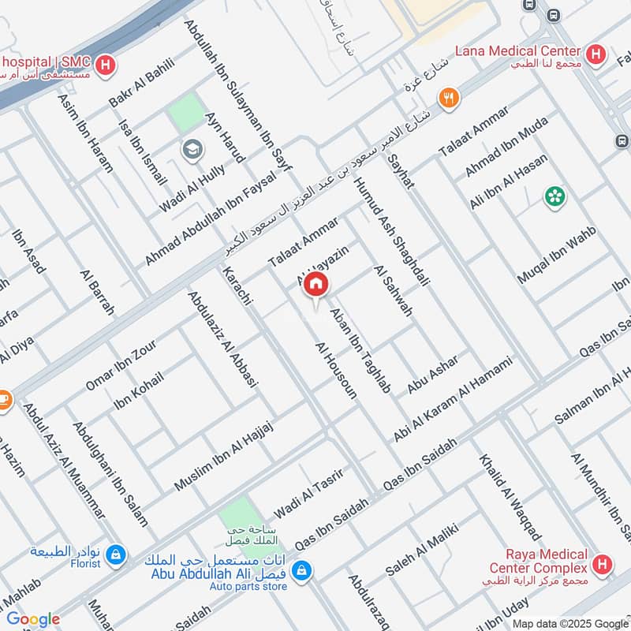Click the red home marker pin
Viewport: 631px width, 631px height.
[316, 285]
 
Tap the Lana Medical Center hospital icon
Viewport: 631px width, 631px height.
[598, 54]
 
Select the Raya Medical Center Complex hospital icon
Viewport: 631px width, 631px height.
[603, 564]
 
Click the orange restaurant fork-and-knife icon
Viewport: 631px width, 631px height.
[450, 98]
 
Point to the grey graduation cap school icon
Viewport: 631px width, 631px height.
[190, 148]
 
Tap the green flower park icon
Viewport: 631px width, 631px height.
[555, 196]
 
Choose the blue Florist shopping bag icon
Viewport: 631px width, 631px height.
[116, 556]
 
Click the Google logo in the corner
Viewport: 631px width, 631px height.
[33, 619]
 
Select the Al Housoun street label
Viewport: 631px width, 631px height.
[336, 370]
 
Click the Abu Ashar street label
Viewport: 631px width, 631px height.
[433, 374]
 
